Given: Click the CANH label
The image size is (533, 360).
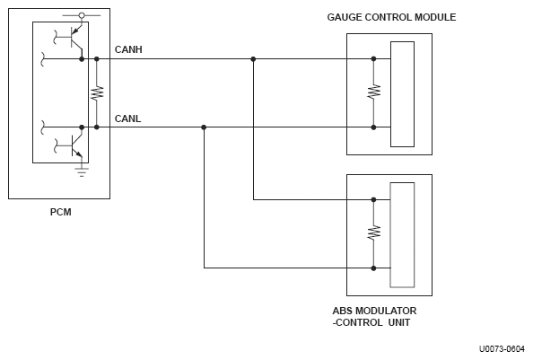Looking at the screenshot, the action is click(x=128, y=49).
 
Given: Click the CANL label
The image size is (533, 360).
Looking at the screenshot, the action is click(x=127, y=119).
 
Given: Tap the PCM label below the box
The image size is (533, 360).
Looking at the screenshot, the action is click(x=61, y=212).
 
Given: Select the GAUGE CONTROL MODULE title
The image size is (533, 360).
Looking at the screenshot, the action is click(x=391, y=17).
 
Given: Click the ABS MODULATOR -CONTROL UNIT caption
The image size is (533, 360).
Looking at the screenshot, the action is click(x=374, y=317).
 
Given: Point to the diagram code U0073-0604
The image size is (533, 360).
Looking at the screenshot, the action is click(x=502, y=349).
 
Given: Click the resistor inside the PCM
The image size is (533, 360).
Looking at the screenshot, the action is click(x=97, y=92).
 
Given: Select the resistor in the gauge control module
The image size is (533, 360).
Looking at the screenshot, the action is click(x=373, y=92).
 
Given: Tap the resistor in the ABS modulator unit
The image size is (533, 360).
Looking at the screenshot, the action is click(x=373, y=233).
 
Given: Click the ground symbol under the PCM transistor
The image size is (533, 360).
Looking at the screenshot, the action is click(x=82, y=172).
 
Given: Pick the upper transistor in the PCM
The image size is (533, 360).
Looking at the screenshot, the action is click(x=73, y=37).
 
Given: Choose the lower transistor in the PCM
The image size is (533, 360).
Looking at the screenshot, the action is click(x=73, y=145).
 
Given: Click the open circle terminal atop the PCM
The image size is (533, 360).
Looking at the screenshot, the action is click(x=82, y=15).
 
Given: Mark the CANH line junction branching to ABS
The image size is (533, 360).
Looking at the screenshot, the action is click(x=253, y=59).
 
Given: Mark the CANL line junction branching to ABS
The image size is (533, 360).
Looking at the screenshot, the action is click(x=204, y=127).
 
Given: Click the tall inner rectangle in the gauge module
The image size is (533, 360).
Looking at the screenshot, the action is click(x=403, y=94).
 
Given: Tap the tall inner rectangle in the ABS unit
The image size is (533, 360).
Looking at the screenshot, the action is click(x=402, y=235).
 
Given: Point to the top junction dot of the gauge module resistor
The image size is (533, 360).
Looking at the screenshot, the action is click(x=373, y=59).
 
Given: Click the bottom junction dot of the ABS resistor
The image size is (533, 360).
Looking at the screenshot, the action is click(x=373, y=268).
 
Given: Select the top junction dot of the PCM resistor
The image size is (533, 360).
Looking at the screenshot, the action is click(x=97, y=59).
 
